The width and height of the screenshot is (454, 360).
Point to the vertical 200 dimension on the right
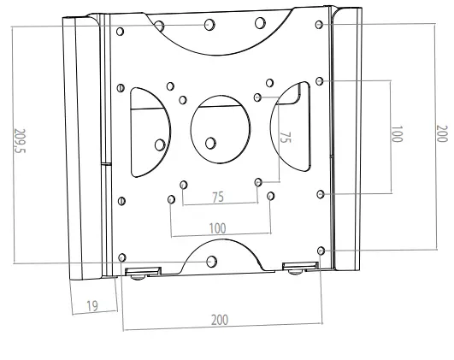[440, 135]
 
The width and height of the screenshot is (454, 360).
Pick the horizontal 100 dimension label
[219, 228]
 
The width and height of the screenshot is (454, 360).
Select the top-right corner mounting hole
[319, 24]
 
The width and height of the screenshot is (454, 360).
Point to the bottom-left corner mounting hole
[123, 257]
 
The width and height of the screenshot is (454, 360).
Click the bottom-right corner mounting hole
[321, 251]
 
